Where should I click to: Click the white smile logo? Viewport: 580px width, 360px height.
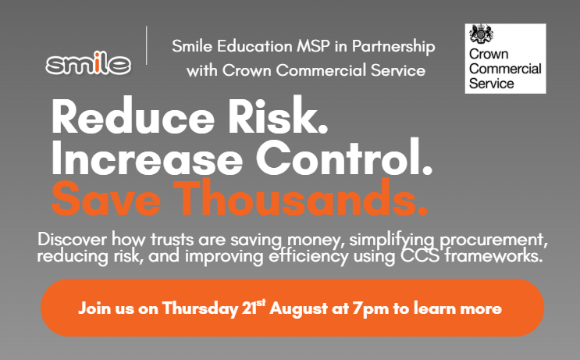pyautogui.click(x=88, y=64)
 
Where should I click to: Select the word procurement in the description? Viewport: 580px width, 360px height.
pyautogui.click(x=483, y=237)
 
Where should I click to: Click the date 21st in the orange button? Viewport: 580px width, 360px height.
pyautogui.click(x=254, y=306)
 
